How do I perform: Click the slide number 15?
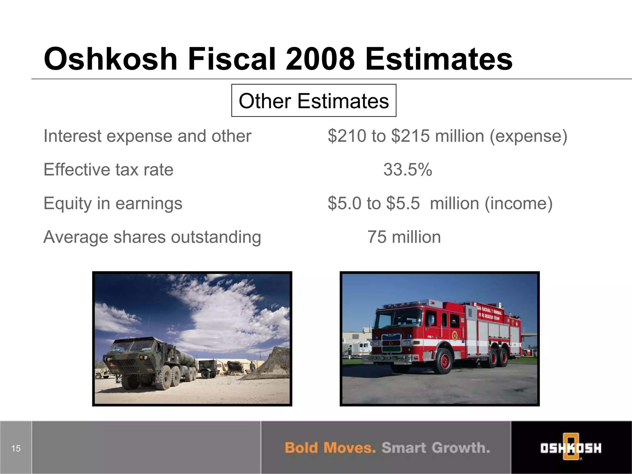[16, 448]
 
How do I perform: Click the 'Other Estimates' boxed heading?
[314, 101]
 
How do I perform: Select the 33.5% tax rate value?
[408, 170]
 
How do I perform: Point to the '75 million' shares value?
[404, 237]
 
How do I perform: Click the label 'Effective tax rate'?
[108, 170]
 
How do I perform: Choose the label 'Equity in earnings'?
[113, 203]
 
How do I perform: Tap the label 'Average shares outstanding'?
[152, 237]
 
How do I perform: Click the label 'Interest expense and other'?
[148, 136]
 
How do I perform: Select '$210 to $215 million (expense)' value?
[447, 136]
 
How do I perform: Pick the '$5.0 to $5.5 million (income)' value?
[440, 203]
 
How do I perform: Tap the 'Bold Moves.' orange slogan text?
[330, 448]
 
